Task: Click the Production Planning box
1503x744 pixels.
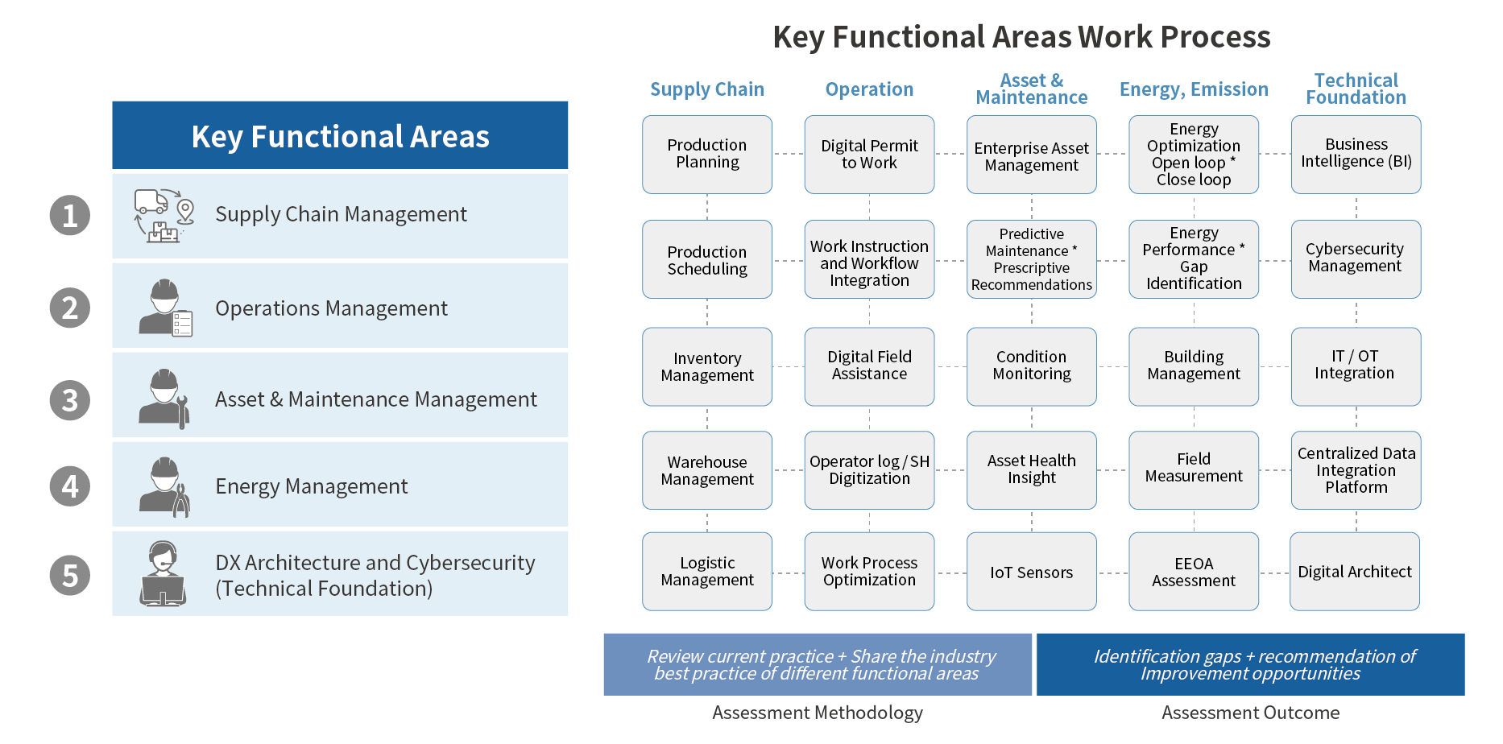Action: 706,154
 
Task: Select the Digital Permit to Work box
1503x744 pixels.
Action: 869,154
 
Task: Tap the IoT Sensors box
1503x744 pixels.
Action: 1031,572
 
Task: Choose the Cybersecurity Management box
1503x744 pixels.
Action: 1355,258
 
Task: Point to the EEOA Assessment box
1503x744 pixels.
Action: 1193,572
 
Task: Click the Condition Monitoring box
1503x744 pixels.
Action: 1031,366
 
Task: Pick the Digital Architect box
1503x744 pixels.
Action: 1354,572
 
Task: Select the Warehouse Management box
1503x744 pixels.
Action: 706,470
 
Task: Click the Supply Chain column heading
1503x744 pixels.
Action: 706,89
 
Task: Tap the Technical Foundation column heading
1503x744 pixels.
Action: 1356,89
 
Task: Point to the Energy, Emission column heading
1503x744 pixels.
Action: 1193,89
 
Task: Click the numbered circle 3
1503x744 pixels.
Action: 70,400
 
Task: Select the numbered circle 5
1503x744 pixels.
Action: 70,576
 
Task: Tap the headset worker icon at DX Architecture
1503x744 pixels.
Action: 164,573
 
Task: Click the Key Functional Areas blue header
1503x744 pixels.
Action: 340,136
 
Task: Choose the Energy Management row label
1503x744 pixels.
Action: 311,486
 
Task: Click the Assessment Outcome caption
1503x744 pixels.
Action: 1250,713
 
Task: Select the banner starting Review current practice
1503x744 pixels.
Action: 817,664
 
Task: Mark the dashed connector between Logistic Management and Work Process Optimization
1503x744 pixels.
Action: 788,573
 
